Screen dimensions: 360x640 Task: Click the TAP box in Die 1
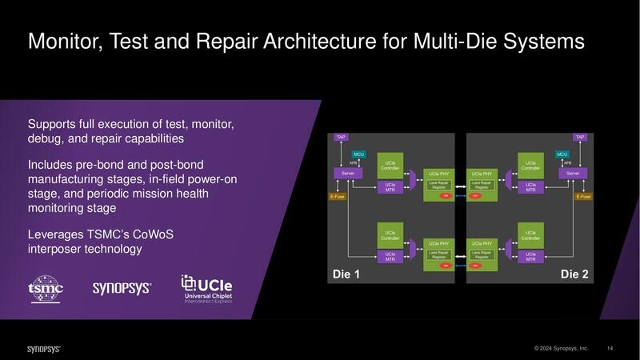coord(341,137)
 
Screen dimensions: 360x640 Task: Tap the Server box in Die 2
coord(573,173)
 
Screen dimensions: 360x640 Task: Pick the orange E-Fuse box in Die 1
coord(338,196)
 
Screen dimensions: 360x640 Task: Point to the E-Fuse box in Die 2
coord(584,196)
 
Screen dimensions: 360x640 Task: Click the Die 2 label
coord(574,274)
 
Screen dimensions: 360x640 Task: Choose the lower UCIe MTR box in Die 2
coord(530,256)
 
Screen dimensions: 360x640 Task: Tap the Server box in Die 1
coord(348,173)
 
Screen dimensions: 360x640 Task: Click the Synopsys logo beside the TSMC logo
coord(122,288)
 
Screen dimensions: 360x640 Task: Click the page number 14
coord(610,348)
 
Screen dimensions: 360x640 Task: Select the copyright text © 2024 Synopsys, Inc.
coord(562,348)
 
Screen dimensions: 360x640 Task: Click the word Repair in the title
coord(242,42)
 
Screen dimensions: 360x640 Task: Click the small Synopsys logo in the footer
coord(43,349)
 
